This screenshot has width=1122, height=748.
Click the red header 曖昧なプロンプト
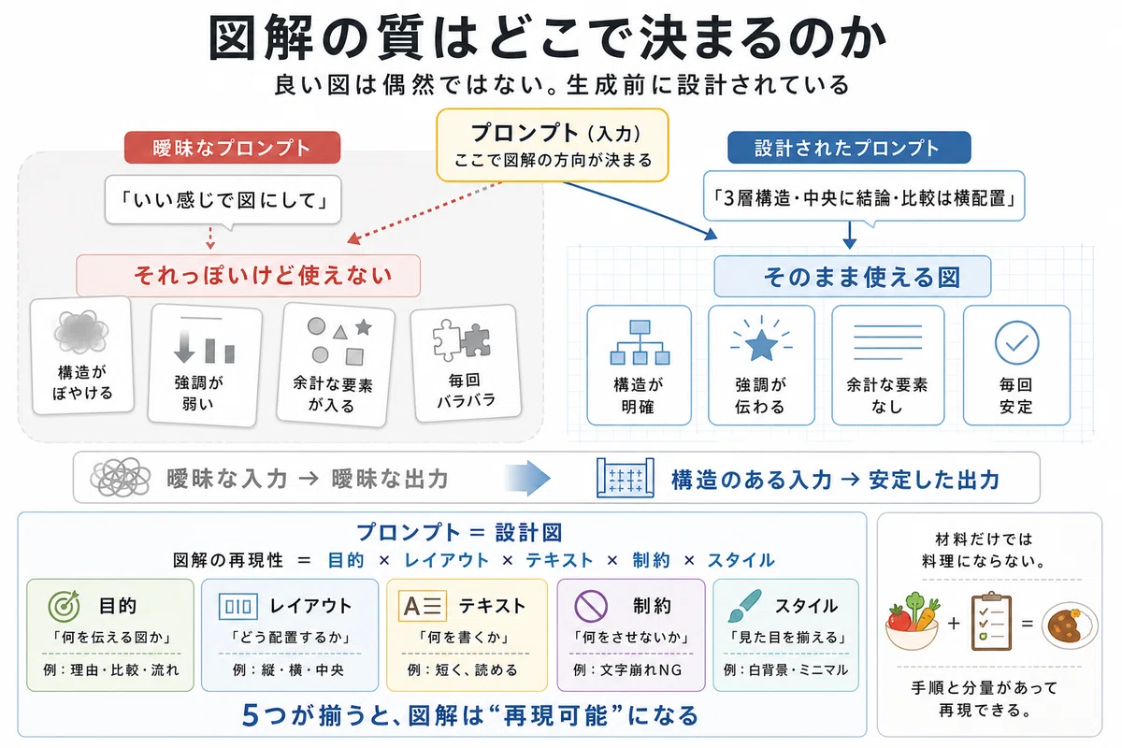(x=233, y=148)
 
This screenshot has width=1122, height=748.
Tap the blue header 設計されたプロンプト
(x=849, y=148)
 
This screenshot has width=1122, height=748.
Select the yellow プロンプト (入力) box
(x=553, y=145)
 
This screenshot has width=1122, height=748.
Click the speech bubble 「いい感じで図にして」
(x=223, y=200)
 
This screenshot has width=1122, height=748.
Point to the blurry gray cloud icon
(x=81, y=332)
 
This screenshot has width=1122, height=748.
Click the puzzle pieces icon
(x=461, y=339)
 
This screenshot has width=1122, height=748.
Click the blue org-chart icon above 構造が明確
(x=640, y=342)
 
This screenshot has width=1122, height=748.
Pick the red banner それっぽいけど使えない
(x=249, y=276)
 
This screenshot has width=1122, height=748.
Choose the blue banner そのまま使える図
(x=853, y=277)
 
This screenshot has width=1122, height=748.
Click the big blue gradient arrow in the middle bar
(x=528, y=479)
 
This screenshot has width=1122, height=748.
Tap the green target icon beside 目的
(x=65, y=606)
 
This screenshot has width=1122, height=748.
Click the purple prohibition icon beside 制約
(x=591, y=606)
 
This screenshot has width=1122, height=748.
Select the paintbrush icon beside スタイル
(x=744, y=606)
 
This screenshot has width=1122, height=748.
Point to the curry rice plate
(x=1070, y=626)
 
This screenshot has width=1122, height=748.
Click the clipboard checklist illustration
(x=991, y=621)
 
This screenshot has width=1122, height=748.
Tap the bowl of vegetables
(x=913, y=623)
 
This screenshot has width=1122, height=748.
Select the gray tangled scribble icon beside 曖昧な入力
(x=121, y=478)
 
